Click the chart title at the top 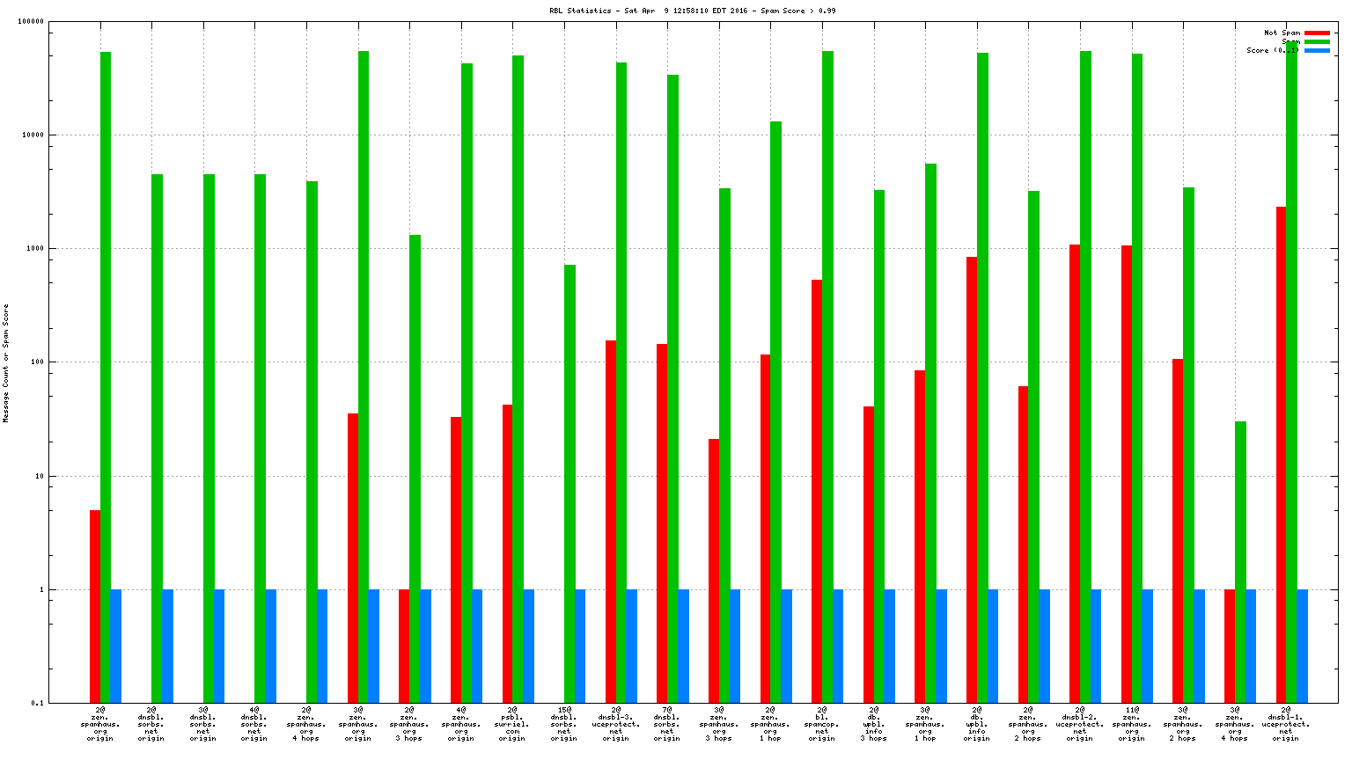692,11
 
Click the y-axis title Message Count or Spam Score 6,363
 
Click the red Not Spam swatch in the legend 1317,33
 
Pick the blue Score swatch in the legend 1317,51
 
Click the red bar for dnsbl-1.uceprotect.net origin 1281,455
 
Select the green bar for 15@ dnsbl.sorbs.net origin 569,484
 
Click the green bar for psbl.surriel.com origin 518,379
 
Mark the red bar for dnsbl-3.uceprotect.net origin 611,522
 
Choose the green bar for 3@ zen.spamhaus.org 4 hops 1240,562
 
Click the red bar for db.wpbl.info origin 972,479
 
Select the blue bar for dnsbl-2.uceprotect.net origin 1096,646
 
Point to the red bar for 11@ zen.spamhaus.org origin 1127,474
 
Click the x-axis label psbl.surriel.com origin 511,724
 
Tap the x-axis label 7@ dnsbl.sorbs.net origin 666,724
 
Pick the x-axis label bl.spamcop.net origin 821,724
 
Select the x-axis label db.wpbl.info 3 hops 873,724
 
